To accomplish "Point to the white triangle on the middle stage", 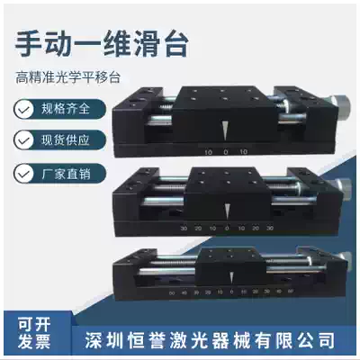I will [227, 210].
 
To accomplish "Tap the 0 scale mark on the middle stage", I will [227, 229].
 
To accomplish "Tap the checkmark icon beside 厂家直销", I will [22, 171].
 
